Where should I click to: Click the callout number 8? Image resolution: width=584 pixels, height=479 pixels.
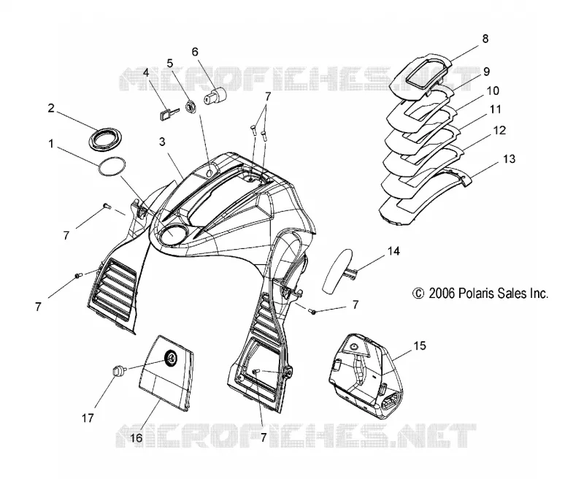pos(485,39)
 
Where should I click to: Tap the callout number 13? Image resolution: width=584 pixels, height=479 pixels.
pos(509,159)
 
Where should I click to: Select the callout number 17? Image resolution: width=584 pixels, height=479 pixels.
pos(88,418)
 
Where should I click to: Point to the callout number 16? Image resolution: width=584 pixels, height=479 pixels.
pos(137,437)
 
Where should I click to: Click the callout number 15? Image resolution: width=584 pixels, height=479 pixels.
pos(419,345)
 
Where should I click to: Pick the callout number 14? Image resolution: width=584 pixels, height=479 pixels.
pos(393,251)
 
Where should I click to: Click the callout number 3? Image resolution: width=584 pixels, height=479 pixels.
pos(161,142)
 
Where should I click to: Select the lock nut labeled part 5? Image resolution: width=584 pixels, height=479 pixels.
pos(191,107)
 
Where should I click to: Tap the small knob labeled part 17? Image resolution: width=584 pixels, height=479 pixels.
pos(118,372)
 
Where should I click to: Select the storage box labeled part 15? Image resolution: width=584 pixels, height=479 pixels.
pos(366,376)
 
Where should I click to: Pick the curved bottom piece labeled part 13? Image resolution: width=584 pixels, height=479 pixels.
pos(425,195)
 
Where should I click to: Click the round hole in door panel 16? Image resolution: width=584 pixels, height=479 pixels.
pos(171,359)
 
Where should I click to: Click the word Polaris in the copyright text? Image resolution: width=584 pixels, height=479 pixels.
pos(475,293)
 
